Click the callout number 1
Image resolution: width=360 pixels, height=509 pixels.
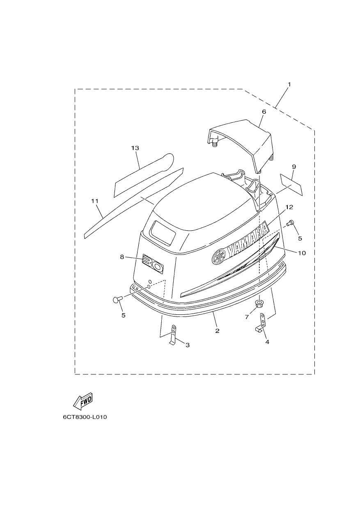point(289,84)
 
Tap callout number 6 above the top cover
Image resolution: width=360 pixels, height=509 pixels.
point(264,112)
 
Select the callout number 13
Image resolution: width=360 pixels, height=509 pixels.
point(135,148)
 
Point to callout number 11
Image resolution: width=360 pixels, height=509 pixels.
point(94,201)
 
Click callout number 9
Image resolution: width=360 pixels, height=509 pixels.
point(294,167)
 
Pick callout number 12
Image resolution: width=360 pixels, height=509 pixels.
point(289,207)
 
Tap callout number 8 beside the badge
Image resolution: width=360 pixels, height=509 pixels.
point(122,257)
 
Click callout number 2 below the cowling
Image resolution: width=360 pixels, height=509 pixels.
point(217,331)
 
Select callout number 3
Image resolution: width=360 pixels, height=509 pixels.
point(188,345)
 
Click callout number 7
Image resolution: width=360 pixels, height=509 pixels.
point(247,317)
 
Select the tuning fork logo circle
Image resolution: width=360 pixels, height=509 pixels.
point(219,257)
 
